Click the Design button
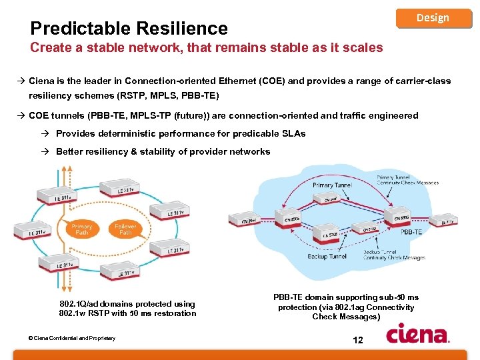(433, 17)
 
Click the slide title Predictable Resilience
(129, 28)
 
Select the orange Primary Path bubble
(82, 230)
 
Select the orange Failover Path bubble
(124, 230)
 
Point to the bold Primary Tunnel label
(332, 185)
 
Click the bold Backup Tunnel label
(327, 256)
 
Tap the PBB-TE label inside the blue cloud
(411, 232)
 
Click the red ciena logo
(418, 333)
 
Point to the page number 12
(357, 341)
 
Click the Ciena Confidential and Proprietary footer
(71, 338)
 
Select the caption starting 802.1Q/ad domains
(127, 308)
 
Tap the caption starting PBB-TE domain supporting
(346, 307)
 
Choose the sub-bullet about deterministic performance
(180, 133)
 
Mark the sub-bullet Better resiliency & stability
(163, 151)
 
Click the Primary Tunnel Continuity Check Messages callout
(407, 179)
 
